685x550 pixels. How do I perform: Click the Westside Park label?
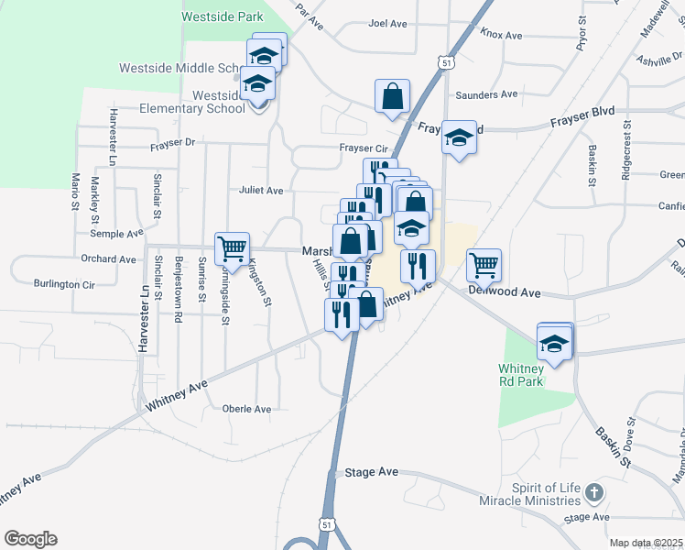[x=223, y=16]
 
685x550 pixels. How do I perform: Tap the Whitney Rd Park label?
[x=521, y=374]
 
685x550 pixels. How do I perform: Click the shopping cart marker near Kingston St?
[x=232, y=247]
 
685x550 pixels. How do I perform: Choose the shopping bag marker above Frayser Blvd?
[x=392, y=96]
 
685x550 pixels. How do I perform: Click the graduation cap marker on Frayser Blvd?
[x=459, y=137]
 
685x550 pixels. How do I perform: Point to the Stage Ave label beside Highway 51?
[x=372, y=472]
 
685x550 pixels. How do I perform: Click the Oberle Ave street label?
[x=247, y=409]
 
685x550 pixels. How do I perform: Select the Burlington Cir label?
[x=64, y=284]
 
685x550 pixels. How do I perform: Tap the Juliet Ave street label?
[x=261, y=191]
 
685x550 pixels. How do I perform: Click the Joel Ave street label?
[x=387, y=24]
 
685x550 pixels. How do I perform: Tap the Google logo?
[x=30, y=539]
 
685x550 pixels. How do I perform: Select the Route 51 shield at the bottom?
[x=327, y=524]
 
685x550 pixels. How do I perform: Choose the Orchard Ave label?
[x=108, y=259]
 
